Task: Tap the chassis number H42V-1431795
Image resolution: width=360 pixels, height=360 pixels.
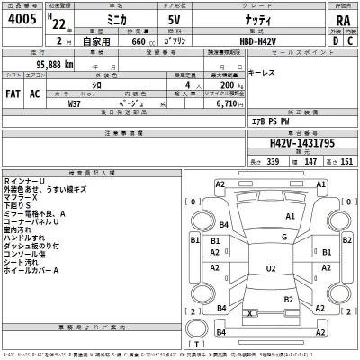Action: tap(301, 142)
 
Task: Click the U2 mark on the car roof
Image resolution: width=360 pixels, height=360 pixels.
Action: tap(270, 268)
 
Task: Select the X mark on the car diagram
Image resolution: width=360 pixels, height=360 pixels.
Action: tap(248, 311)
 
